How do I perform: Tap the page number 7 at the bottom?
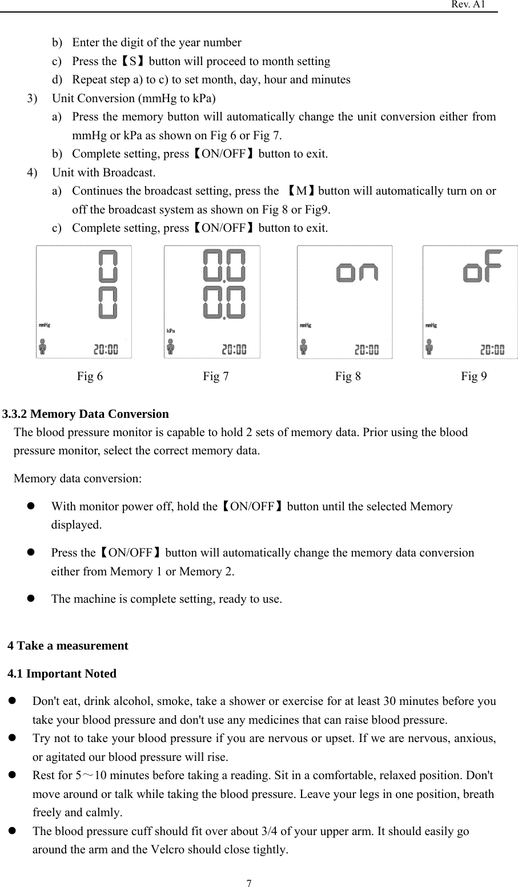pos(249,883)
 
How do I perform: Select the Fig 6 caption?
pos(90,376)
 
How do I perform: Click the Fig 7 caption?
pos(216,376)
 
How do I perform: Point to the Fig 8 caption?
pos(348,376)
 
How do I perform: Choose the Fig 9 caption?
pos(474,376)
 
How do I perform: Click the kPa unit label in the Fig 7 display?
pos(171,330)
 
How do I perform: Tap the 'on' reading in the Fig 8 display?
pos(357,273)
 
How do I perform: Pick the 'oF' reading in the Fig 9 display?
pos(483,267)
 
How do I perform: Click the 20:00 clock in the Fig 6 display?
pos(106,349)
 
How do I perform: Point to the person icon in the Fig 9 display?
pos(429,346)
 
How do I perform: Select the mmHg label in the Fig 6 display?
pos(45,325)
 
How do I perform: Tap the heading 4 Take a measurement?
pos(68,646)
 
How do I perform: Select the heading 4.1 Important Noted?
pos(62,674)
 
